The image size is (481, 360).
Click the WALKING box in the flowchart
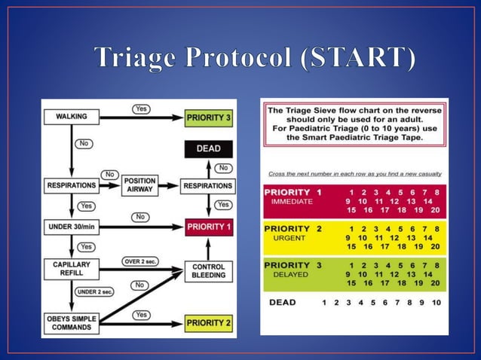(x=71, y=117)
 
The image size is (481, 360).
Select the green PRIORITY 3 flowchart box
(x=209, y=117)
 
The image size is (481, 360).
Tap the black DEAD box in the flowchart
(x=209, y=148)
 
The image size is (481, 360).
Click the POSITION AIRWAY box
(x=140, y=185)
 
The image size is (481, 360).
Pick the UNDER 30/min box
(x=71, y=226)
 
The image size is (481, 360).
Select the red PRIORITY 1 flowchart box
(x=209, y=226)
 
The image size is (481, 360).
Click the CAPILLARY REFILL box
(x=71, y=269)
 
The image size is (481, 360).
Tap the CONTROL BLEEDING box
(x=209, y=271)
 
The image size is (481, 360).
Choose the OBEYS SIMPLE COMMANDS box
(x=71, y=322)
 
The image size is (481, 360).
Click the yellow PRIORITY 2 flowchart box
(x=209, y=322)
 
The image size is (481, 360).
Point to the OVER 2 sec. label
(x=140, y=261)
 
